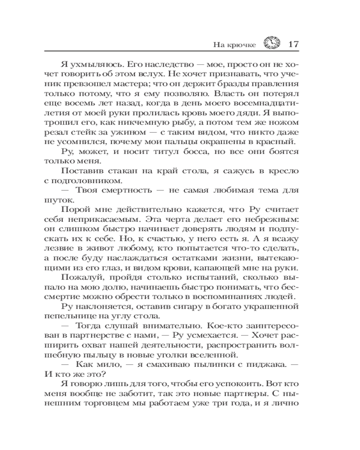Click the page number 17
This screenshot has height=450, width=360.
coord(293,44)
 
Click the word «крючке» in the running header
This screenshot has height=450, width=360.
coord(242,45)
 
